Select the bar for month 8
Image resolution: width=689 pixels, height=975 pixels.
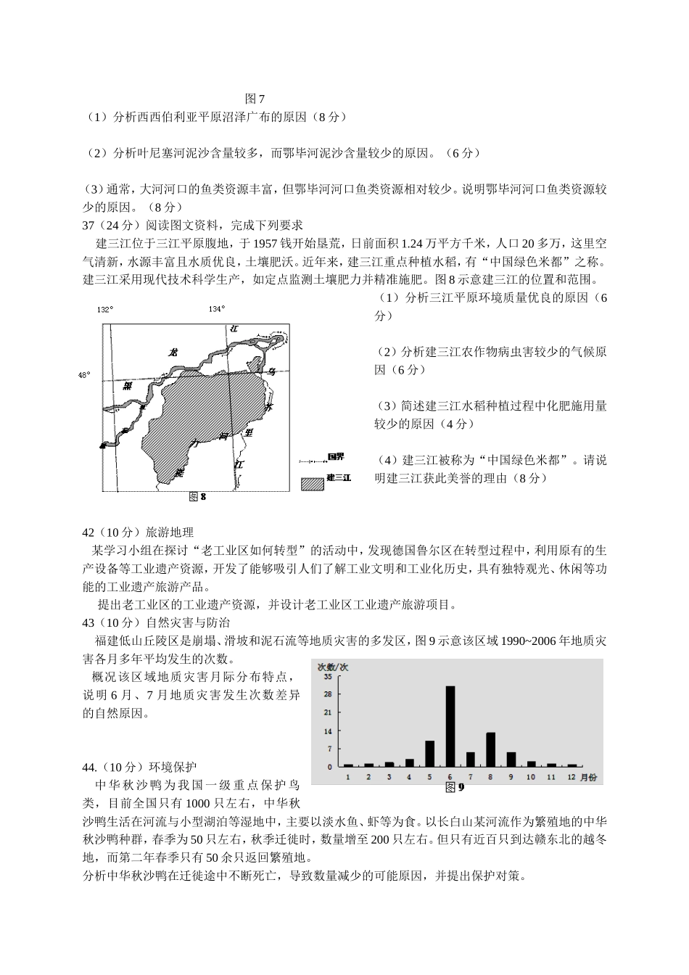point(490,749)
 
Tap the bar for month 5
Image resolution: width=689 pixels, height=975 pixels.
point(429,754)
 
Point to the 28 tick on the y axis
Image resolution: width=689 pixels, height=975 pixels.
point(329,694)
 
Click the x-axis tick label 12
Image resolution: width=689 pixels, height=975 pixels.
point(572,777)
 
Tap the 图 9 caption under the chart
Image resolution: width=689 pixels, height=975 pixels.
point(454,787)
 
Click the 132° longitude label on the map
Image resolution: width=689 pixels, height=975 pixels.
point(105,310)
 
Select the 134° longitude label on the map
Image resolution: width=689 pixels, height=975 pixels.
point(216,310)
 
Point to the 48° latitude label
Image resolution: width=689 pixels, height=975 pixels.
point(84,375)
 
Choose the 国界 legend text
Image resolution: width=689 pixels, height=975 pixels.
point(336,456)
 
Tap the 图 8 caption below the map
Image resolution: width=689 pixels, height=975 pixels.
point(197,497)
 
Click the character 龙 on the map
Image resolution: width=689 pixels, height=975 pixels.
point(173,353)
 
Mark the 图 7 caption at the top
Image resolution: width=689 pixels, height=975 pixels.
point(256,99)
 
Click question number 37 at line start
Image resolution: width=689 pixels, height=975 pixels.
point(89,225)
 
